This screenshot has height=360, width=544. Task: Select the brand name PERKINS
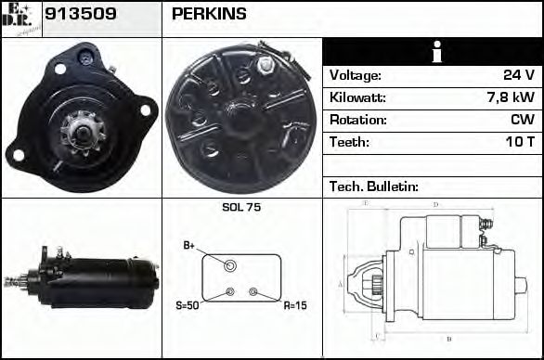pos(209,14)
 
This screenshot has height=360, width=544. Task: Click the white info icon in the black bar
pos(432,52)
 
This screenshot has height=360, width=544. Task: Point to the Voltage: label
pos(356,75)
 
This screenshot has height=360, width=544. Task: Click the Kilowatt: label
pos(357,97)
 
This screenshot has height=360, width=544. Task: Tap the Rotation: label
pos(357,120)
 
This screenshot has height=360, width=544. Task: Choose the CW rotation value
pos(523,120)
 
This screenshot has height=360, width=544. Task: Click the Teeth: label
pos(349,142)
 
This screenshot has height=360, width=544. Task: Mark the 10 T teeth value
pos(520,142)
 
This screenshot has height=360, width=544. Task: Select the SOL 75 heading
pos(241,207)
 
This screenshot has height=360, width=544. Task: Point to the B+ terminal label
pos(189,245)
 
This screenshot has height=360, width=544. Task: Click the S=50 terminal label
pos(188,304)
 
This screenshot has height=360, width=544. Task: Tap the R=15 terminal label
pos(295,304)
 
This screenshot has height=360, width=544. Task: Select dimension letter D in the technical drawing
pos(435,204)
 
